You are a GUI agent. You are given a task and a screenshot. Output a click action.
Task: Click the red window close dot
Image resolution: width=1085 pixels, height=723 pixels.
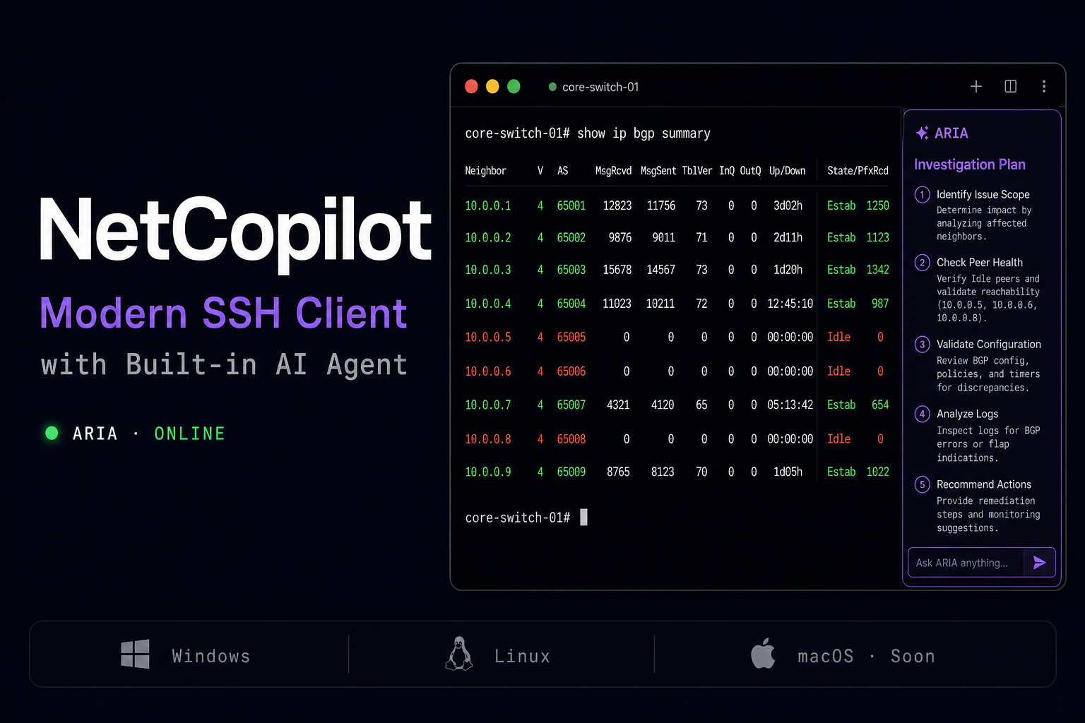(471, 87)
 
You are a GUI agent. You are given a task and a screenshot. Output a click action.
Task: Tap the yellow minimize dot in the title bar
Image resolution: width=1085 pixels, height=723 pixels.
(492, 87)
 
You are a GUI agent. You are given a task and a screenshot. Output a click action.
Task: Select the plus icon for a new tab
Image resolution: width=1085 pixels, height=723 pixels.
(976, 87)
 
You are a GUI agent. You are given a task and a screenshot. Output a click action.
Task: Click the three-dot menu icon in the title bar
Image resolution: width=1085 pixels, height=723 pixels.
(1044, 87)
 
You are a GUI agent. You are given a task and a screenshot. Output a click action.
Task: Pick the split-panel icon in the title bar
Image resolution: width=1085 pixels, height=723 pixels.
(1010, 87)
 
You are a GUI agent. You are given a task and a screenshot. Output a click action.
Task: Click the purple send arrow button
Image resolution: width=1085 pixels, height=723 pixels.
(1040, 562)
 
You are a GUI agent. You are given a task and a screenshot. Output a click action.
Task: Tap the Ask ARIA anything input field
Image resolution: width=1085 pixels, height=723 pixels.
(966, 563)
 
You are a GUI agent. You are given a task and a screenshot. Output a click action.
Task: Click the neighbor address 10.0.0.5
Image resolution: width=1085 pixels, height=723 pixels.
(488, 337)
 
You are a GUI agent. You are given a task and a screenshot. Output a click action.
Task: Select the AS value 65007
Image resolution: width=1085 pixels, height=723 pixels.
(571, 405)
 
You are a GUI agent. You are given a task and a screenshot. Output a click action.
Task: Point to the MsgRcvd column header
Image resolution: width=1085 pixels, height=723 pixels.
(613, 171)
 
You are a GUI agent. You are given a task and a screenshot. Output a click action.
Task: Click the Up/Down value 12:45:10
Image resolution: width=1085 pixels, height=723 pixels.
(790, 304)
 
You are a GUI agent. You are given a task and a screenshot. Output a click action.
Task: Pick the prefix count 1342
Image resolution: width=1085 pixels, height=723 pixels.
(878, 270)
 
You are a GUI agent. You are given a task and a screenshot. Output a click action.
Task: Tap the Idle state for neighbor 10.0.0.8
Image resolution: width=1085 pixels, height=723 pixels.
(838, 438)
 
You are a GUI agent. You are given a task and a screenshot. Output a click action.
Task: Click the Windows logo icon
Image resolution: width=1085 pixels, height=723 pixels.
(135, 655)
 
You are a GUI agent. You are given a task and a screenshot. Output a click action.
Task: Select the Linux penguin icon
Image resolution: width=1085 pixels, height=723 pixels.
(458, 654)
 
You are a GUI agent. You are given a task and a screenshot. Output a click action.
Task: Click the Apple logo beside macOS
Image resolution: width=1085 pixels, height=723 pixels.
(763, 653)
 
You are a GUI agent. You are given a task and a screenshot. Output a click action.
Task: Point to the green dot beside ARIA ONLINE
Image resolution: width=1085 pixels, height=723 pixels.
(52, 433)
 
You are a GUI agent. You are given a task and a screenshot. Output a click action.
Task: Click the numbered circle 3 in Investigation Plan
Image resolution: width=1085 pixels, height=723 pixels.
(922, 345)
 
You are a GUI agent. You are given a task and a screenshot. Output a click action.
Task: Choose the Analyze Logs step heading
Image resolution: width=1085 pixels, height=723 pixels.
(967, 414)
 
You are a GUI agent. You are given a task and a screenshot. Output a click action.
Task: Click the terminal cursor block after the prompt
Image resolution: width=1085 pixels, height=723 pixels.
(583, 518)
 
